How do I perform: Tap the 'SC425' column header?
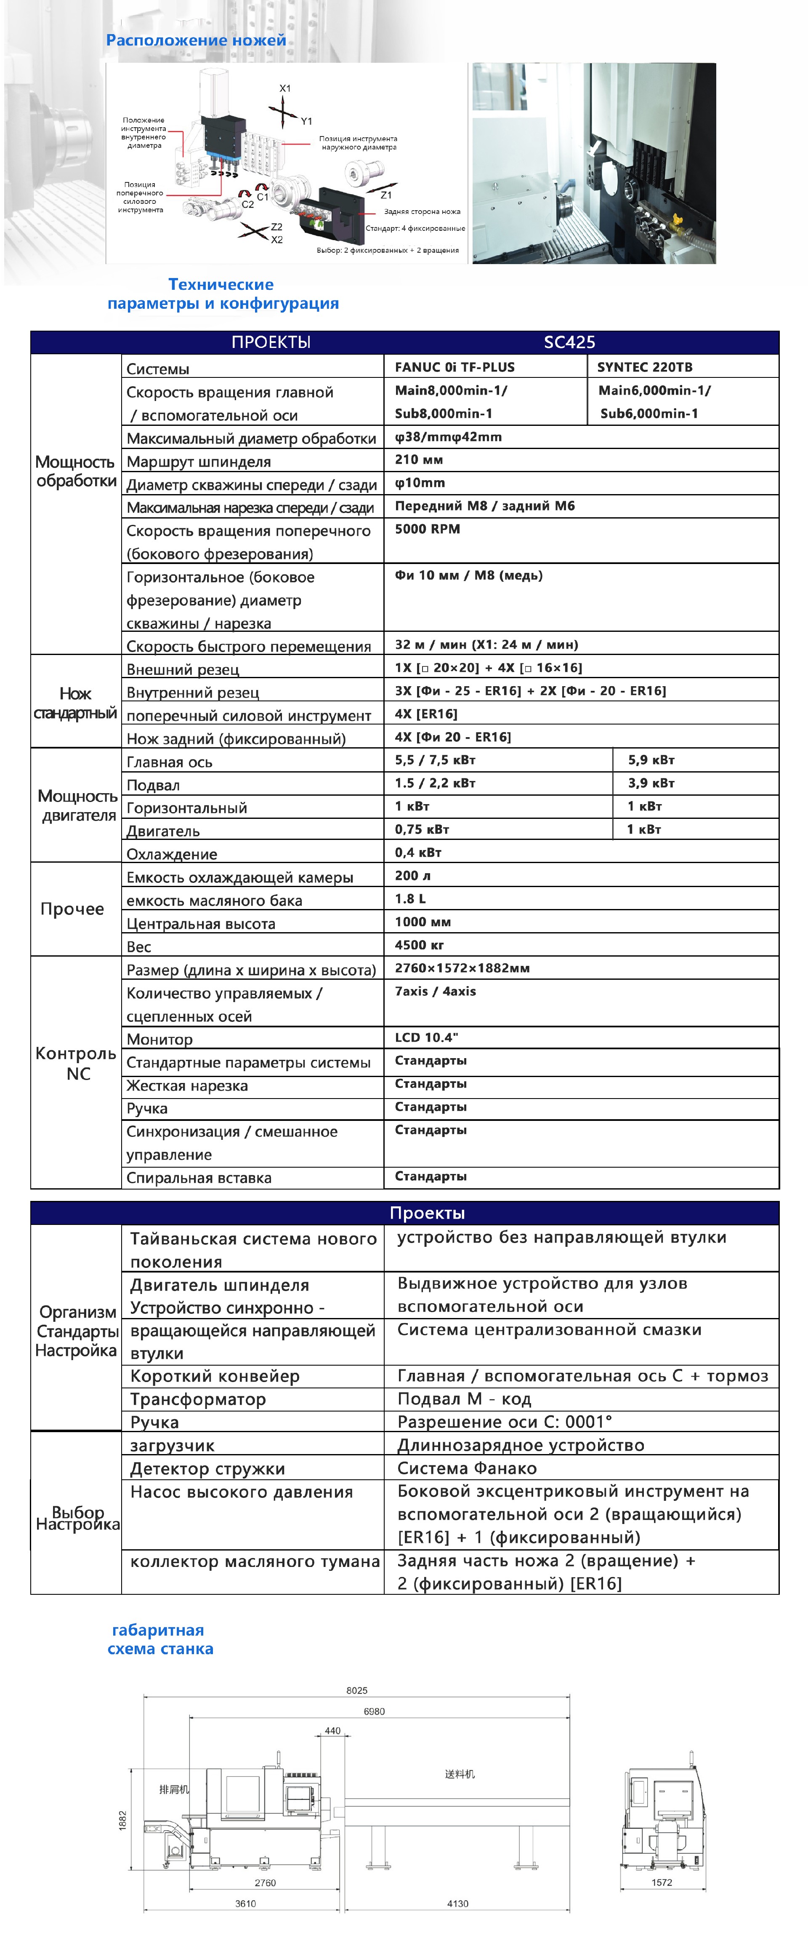[569, 342]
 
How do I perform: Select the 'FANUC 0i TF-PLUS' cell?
[455, 367]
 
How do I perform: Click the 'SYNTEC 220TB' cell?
[645, 367]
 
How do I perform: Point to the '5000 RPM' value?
[427, 529]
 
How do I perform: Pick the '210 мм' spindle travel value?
[419, 460]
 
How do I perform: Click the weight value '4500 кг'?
[420, 945]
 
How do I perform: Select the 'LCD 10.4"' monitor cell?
[426, 1037]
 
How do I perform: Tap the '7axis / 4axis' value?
[435, 992]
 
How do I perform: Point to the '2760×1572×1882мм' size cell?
[462, 968]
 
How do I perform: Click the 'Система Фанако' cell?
[467, 1468]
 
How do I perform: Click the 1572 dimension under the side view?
[662, 1882]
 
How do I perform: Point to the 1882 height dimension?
[123, 1821]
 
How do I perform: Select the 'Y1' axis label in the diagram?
[306, 121]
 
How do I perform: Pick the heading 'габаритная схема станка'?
[159, 1639]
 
